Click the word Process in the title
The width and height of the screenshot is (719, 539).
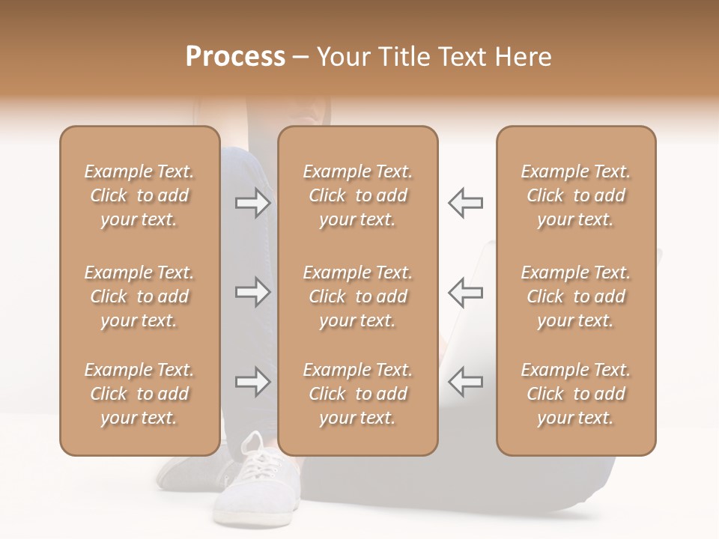point(235,57)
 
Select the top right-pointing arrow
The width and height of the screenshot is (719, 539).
point(252,203)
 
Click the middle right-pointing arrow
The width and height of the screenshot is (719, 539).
point(252,292)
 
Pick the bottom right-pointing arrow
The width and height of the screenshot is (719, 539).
point(252,382)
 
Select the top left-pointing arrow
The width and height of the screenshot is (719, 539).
point(465,203)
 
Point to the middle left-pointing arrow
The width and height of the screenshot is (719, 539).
point(465,292)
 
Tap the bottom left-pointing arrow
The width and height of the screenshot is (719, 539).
point(465,382)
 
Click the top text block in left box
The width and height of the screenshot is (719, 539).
point(139,195)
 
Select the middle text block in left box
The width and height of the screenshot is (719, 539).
point(139,296)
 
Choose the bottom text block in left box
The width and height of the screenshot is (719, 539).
point(139,394)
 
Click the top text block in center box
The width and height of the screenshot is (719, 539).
point(357,195)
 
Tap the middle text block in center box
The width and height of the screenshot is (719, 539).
point(357,296)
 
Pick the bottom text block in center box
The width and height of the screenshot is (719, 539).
point(357,394)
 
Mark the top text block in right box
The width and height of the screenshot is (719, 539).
point(575,195)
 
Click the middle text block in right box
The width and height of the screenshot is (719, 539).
point(575,296)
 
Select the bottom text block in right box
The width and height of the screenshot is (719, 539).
point(575,394)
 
